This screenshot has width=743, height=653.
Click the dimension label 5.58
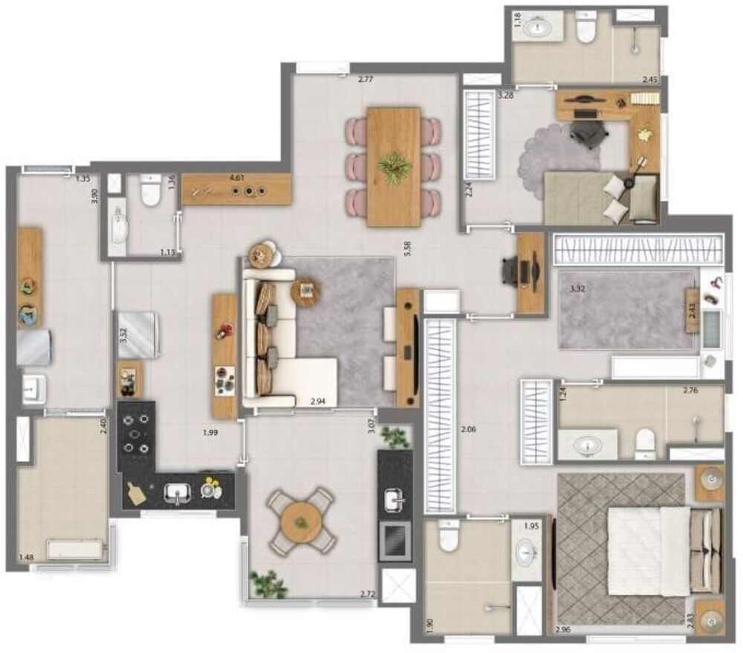click(406, 249)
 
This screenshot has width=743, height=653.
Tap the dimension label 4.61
click(237, 178)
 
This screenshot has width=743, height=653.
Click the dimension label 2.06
click(467, 429)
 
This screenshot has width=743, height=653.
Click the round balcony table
click(302, 518)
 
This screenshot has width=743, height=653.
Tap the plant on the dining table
click(394, 167)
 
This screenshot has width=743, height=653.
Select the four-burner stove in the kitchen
click(137, 433)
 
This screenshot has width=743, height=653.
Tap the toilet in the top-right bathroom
click(586, 28)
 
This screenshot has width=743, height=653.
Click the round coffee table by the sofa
click(305, 291)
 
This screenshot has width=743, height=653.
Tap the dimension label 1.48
click(26, 557)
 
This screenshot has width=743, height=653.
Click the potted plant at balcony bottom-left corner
click(267, 583)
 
